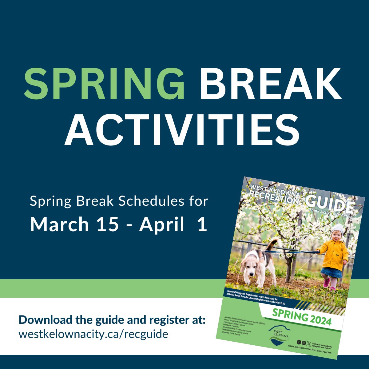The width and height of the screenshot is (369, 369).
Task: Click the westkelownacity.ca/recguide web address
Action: tap(93, 334)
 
